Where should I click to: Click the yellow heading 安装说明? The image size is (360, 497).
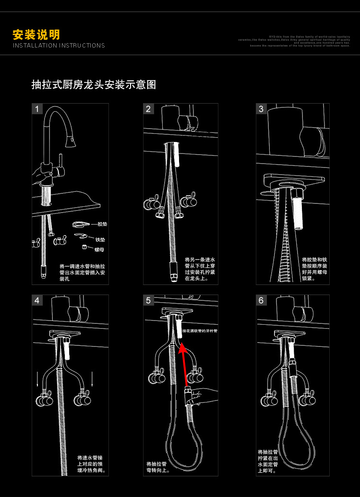click(x=36, y=35)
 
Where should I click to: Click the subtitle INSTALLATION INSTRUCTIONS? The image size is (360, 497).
click(x=59, y=46)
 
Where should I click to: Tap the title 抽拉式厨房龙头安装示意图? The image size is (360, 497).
click(x=94, y=85)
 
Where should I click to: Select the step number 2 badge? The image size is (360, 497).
click(x=148, y=109)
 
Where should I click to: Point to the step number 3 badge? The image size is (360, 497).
click(x=261, y=109)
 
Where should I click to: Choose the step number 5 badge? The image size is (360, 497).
click(x=148, y=300)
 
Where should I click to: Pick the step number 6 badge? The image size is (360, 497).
click(x=261, y=300)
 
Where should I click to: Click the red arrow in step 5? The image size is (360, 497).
click(x=184, y=364)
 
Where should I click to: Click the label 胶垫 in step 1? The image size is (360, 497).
click(x=102, y=224)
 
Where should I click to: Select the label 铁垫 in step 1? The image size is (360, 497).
click(x=100, y=239)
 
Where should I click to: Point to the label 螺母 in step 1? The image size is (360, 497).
click(x=99, y=249)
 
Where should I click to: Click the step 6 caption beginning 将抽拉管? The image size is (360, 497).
click(x=267, y=461)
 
